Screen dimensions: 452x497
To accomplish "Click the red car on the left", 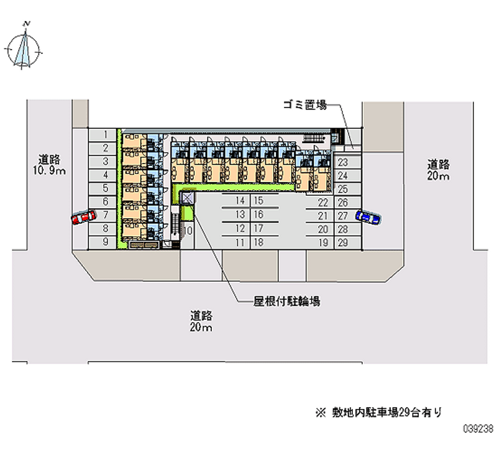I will click(84, 217).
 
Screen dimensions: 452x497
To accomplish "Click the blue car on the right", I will click(368, 216).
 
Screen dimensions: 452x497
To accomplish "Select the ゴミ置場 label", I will click(304, 106).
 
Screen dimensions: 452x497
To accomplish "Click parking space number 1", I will click(106, 134).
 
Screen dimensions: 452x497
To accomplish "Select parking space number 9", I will click(106, 242).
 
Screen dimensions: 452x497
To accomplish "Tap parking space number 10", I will click(188, 231).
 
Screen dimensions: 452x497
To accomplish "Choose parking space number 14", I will click(240, 201).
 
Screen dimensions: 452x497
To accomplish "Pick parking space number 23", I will click(342, 162).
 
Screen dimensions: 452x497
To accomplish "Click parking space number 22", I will click(323, 202).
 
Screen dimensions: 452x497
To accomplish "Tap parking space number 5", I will click(106, 188).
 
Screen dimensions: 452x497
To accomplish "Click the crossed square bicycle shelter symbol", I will click(188, 197).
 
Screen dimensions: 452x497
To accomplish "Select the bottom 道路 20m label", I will click(203, 321).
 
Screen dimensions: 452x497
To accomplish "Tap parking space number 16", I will click(258, 214).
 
